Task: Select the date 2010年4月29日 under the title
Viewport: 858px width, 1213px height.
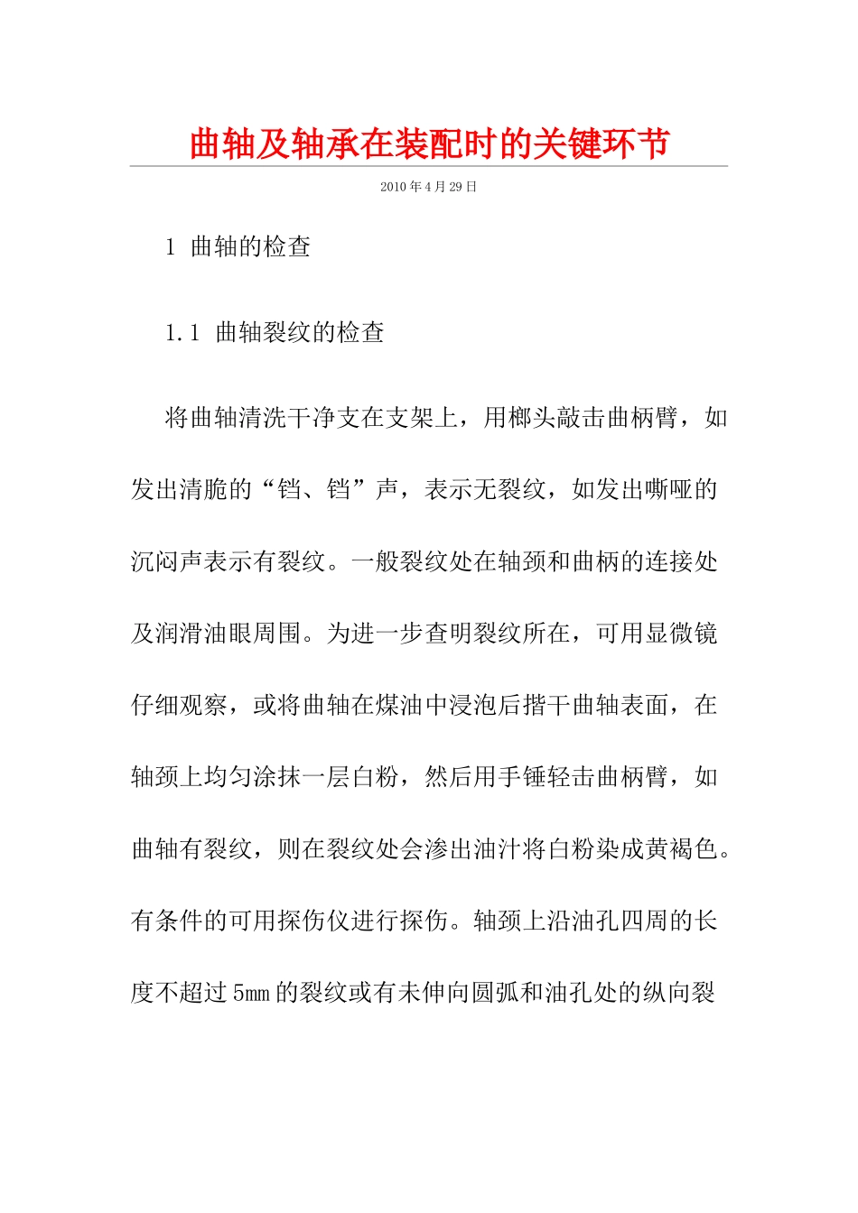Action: coord(428,187)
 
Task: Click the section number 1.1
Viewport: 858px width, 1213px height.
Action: coord(182,333)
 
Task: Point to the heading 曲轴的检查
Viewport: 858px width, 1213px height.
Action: coord(251,247)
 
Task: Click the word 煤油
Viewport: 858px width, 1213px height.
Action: coord(399,705)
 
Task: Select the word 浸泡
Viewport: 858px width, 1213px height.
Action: coord(472,705)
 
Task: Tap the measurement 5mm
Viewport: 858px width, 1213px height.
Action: coord(251,993)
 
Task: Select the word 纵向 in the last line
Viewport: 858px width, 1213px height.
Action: coord(667,993)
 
